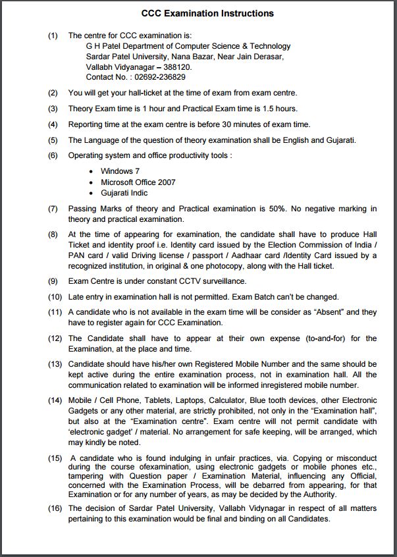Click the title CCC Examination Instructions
pos(207,13)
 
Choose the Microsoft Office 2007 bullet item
pos(138,182)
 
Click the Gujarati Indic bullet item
pos(124,193)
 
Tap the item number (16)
pos(55,508)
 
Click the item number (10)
pos(55,297)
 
